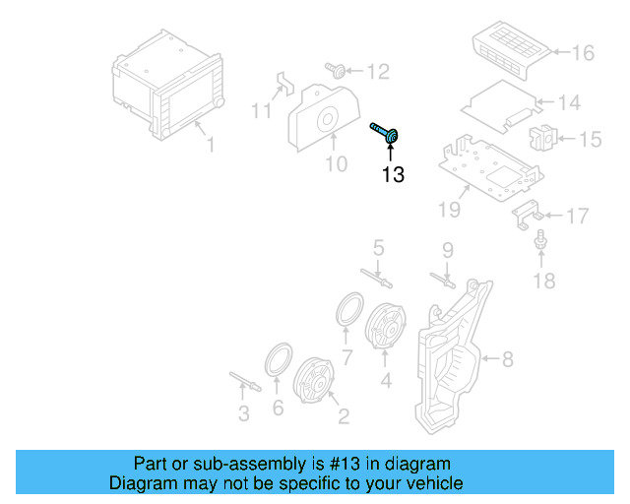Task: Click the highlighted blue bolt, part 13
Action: point(386,133)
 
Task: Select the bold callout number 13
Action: point(393,175)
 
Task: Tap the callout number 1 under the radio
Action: point(210,146)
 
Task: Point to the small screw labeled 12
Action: point(338,70)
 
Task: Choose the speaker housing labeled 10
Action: point(322,118)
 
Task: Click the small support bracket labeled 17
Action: point(525,214)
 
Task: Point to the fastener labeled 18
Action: point(540,240)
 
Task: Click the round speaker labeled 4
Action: point(385,325)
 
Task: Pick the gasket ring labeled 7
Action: point(347,308)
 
